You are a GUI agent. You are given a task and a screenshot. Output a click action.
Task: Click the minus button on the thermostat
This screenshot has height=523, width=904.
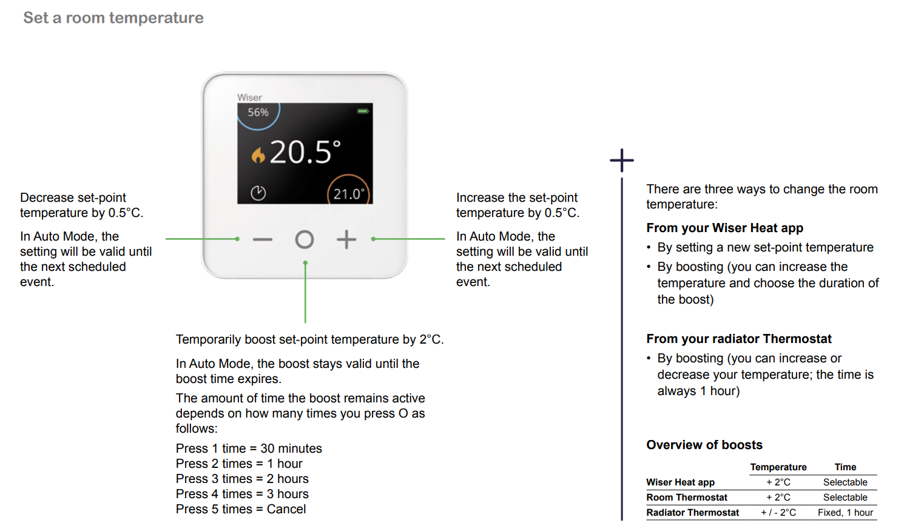coord(263,239)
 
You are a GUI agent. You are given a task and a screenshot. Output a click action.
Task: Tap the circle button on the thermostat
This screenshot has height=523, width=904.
coord(305,231)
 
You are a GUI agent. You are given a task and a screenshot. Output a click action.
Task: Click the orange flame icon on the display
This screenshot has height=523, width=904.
coord(258,155)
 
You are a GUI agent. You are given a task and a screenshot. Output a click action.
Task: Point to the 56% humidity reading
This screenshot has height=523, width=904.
coord(258,112)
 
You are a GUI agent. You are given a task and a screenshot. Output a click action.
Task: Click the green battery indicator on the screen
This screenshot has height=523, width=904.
coord(362,111)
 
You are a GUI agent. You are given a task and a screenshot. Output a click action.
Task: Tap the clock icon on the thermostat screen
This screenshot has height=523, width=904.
coord(258,193)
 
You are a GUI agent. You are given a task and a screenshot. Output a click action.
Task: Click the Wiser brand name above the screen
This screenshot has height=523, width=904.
coord(249,98)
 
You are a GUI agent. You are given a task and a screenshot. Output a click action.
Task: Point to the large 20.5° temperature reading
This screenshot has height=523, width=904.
coord(305,152)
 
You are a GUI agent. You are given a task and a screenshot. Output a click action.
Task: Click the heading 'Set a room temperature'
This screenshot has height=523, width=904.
coord(113,18)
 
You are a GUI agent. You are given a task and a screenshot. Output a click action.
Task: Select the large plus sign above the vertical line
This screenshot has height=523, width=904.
coord(621,160)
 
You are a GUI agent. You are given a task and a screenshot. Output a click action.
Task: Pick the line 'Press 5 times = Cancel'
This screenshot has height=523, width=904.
coord(240,509)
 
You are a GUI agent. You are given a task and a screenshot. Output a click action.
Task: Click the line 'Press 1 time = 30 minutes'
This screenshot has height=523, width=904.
coord(249,448)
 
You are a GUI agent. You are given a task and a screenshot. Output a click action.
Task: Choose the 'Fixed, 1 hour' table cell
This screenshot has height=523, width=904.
coord(845,513)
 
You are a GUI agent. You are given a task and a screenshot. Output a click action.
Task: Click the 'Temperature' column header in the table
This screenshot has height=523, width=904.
coord(778,467)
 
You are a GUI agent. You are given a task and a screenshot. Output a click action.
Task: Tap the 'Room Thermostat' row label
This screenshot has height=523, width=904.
coord(686,497)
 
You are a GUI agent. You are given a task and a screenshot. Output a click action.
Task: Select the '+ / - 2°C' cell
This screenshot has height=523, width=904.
coord(778,513)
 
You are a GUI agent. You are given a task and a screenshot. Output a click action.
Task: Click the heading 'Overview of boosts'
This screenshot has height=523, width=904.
coord(704,445)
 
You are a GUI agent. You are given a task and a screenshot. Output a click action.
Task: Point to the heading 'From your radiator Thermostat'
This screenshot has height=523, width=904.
coord(739,339)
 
